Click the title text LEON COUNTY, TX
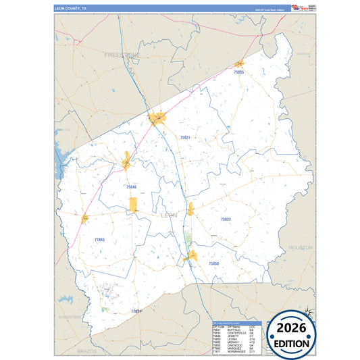pyautogui.click(x=70, y=9)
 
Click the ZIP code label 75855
pyautogui.click(x=238, y=71)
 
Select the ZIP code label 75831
pyautogui.click(x=185, y=137)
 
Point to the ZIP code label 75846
pyautogui.click(x=131, y=186)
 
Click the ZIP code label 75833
pyautogui.click(x=226, y=219)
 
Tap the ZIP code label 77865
pyautogui.click(x=99, y=240)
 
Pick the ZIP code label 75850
pyautogui.click(x=213, y=263)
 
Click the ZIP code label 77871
pyautogui.click(x=136, y=311)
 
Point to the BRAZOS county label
pyautogui.click(x=87, y=352)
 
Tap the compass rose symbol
pyautogui.click(x=307, y=312)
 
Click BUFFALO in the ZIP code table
pyautogui.click(x=233, y=329)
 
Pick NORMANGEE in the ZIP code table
pyautogui.click(x=236, y=352)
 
